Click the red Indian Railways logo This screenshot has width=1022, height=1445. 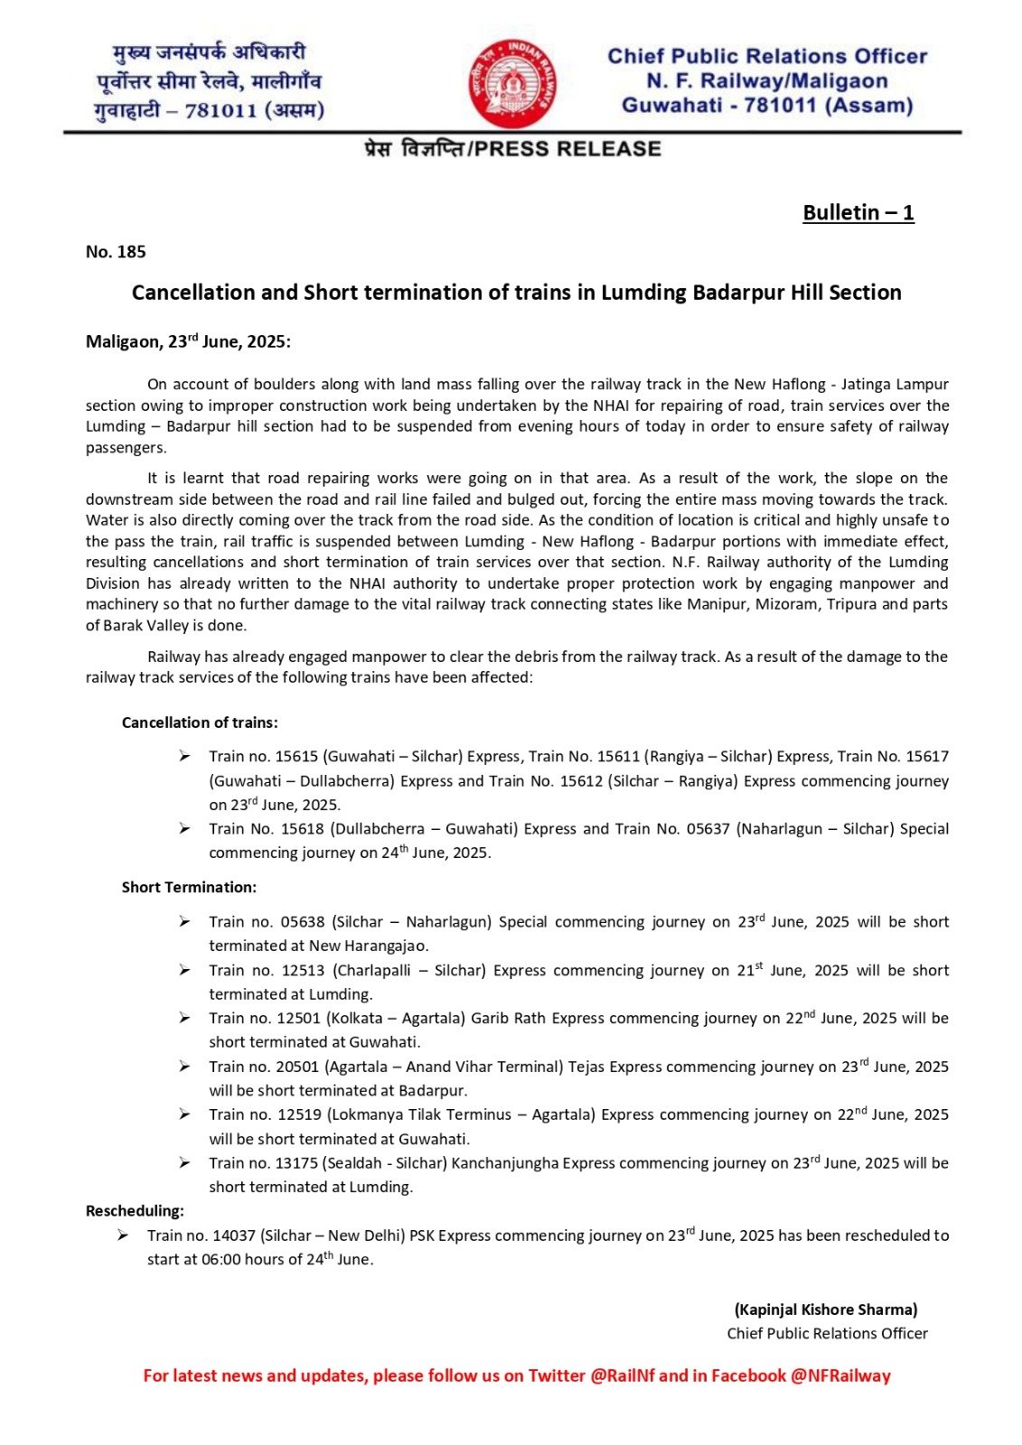click(x=511, y=83)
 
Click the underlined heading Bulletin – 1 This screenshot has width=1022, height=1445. click(x=858, y=213)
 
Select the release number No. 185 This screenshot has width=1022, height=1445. click(x=116, y=252)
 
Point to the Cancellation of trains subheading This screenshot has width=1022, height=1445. click(x=200, y=722)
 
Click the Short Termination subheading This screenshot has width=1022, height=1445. click(x=189, y=887)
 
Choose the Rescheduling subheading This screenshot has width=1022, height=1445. click(x=135, y=1210)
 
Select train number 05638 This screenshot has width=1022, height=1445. click(x=302, y=922)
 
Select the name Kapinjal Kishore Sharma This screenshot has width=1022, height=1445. click(x=826, y=1310)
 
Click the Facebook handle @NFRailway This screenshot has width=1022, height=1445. click(x=840, y=1375)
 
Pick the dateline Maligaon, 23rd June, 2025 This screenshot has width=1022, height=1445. click(x=188, y=342)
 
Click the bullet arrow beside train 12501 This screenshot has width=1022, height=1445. click(x=184, y=1018)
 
